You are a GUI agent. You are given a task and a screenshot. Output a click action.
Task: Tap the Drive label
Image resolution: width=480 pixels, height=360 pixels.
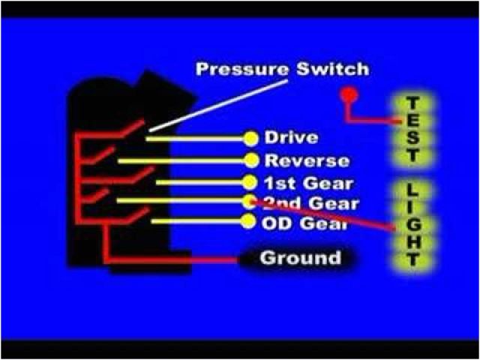click(292, 138)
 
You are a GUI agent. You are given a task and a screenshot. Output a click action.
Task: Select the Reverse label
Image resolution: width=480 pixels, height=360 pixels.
click(307, 160)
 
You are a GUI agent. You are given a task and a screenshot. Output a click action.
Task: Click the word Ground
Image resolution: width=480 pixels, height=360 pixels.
click(300, 259)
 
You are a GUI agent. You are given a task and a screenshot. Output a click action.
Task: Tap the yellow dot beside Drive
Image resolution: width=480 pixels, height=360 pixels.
click(250, 138)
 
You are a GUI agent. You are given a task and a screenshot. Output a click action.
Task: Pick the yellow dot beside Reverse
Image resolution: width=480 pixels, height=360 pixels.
click(251, 160)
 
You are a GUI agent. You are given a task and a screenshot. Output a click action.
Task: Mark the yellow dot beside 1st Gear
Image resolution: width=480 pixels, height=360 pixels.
click(250, 182)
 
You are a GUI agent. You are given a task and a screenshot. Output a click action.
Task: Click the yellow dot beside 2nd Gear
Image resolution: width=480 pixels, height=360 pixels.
click(250, 201)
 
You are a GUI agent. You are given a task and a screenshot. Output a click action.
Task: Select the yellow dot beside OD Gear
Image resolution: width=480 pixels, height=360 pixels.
click(250, 221)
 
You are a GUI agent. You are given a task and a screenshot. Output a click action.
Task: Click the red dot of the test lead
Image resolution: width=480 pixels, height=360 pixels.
click(348, 95)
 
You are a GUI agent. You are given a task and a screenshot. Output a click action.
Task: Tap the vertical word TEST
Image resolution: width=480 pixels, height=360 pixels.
click(412, 129)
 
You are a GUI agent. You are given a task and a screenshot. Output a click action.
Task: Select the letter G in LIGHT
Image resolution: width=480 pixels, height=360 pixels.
click(412, 223)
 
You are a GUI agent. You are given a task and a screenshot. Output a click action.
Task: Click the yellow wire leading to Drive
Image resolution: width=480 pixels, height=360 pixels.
click(195, 139)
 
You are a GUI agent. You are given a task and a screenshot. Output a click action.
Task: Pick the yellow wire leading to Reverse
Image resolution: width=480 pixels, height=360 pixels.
click(180, 160)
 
